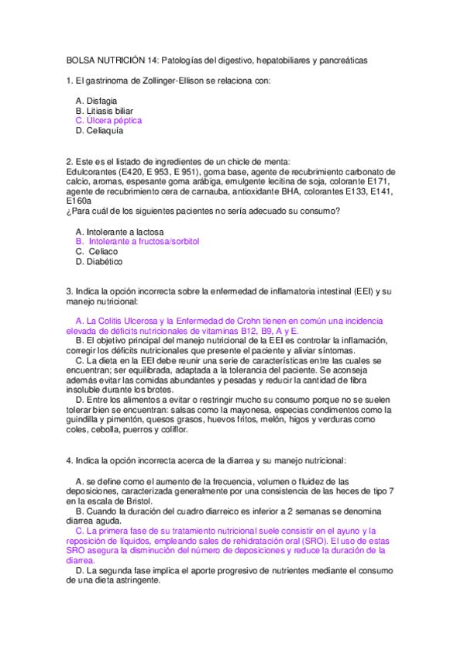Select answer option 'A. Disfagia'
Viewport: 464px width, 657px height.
click(x=97, y=101)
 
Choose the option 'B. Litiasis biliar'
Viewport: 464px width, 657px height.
click(x=105, y=111)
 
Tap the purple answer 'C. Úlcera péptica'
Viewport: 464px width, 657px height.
click(x=108, y=121)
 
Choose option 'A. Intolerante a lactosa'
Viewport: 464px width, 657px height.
click(x=119, y=232)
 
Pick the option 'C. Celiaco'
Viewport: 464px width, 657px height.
click(x=98, y=252)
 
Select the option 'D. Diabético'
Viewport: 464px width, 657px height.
click(x=99, y=262)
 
